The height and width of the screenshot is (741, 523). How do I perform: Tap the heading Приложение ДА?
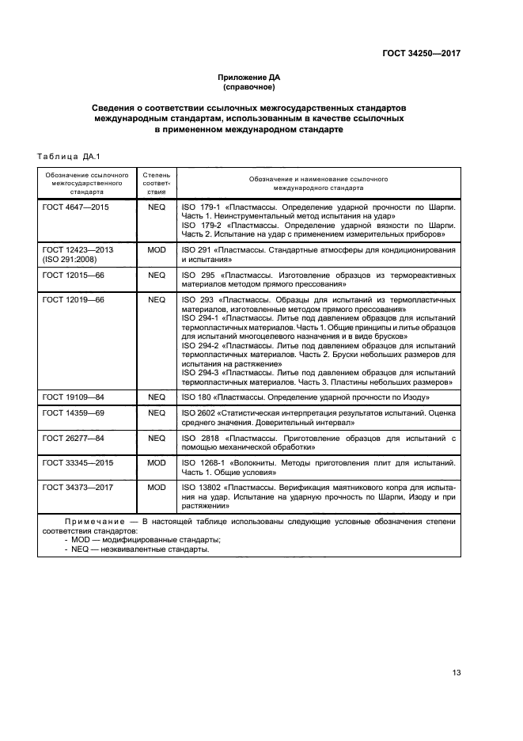coord(249,78)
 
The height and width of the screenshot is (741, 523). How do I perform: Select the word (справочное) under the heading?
coord(249,87)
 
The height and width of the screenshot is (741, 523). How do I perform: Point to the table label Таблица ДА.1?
coord(64,155)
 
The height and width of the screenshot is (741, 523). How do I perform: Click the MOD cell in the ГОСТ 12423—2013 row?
coord(156,249)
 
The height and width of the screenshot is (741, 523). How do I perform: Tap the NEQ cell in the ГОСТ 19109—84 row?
coord(156,396)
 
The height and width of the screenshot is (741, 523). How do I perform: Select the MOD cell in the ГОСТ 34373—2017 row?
coord(156,487)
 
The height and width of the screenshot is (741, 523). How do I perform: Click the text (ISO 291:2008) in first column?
coord(71,259)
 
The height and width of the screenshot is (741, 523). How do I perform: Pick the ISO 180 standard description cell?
coord(305,396)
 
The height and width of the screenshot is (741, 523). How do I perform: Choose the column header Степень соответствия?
coord(155,182)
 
